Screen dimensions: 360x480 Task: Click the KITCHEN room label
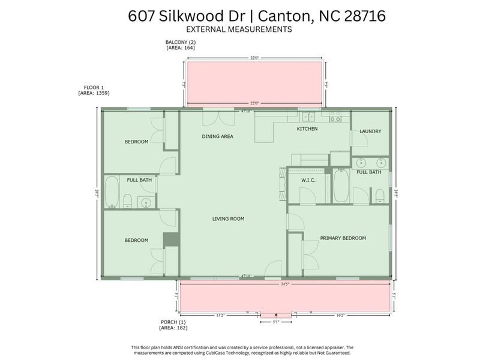pos(307,129)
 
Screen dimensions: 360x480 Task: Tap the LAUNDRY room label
pos(370,131)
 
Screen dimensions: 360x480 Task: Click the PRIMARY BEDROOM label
pos(343,238)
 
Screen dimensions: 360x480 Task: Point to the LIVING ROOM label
pos(228,219)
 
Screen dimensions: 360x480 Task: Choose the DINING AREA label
pos(217,137)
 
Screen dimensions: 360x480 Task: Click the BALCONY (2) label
pos(181,42)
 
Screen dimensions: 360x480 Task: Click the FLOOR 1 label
pos(94,87)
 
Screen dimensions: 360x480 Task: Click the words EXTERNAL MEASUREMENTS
pos(239,29)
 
